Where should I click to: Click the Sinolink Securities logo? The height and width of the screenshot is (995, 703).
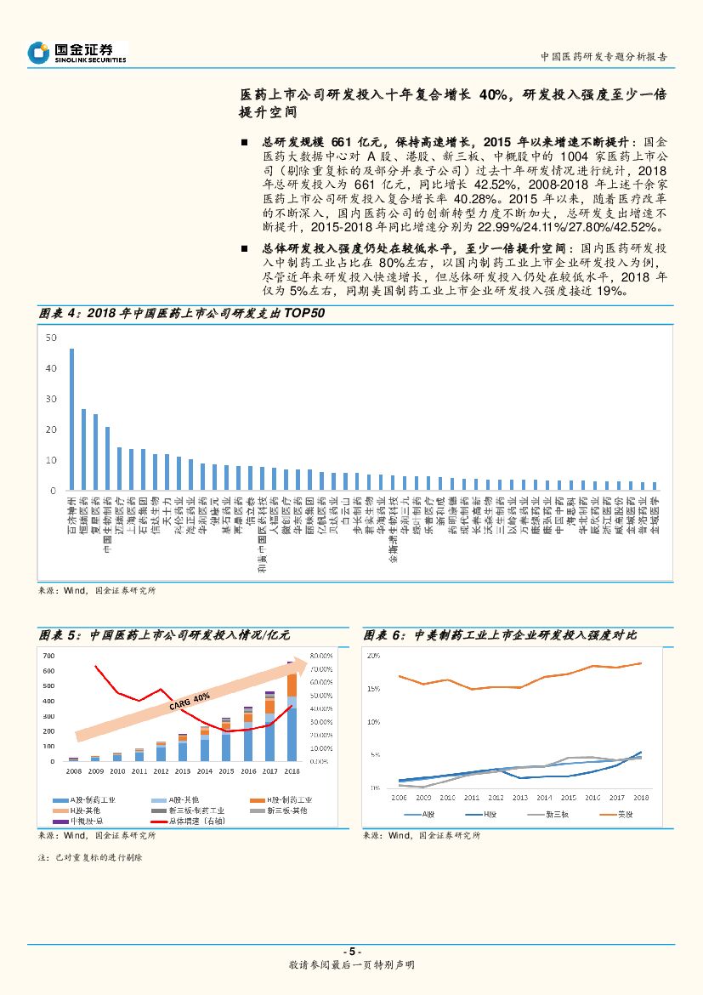coord(77,53)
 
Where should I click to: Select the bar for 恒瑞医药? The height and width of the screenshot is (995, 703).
coord(83,450)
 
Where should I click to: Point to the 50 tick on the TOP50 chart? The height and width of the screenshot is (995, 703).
coord(51,338)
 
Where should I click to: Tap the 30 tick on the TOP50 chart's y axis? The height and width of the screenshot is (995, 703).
coord(51,399)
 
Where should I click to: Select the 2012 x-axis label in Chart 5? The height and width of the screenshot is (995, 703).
coord(161,770)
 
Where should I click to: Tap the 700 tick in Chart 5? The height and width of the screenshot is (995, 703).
coord(48,656)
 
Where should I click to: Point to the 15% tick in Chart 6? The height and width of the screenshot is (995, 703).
coord(373,689)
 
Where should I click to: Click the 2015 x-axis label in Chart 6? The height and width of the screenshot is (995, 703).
coord(568,798)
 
